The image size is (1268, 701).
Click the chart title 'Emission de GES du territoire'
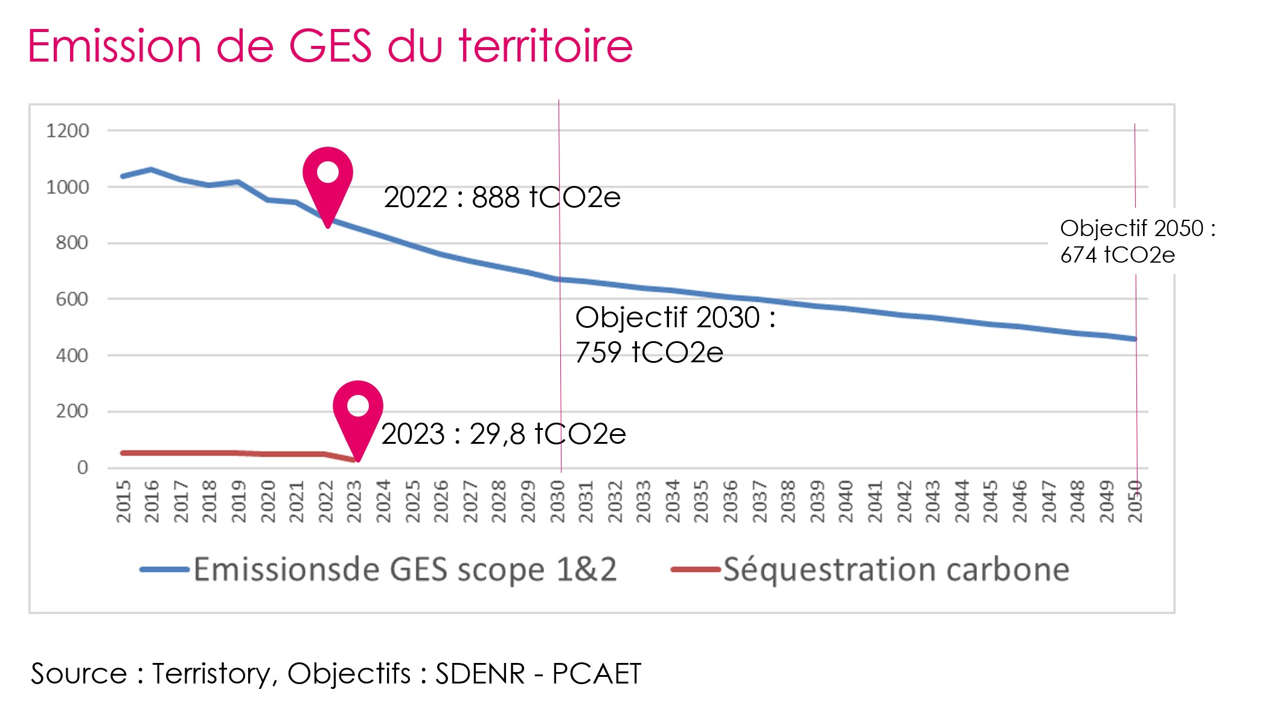330,46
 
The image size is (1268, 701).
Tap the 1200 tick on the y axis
68,130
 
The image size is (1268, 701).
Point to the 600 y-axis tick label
72,299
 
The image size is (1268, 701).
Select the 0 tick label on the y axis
83,467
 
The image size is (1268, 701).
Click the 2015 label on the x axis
123,502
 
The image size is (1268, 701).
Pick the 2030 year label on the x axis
557,502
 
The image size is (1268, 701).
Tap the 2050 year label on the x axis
1135,502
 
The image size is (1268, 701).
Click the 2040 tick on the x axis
846,502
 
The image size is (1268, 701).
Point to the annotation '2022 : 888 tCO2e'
502,197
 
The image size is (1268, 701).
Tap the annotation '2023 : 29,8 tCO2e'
504,434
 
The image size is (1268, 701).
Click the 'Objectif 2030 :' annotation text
675,318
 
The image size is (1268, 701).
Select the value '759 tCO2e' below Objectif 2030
649,353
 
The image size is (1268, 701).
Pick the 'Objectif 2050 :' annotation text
1138,228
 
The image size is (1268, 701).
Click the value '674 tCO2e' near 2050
1118,255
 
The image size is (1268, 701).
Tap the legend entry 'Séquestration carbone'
896,569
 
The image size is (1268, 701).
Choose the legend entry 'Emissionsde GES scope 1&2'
405,569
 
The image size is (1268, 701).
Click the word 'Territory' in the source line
211,674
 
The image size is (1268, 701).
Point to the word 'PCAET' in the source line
597,674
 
